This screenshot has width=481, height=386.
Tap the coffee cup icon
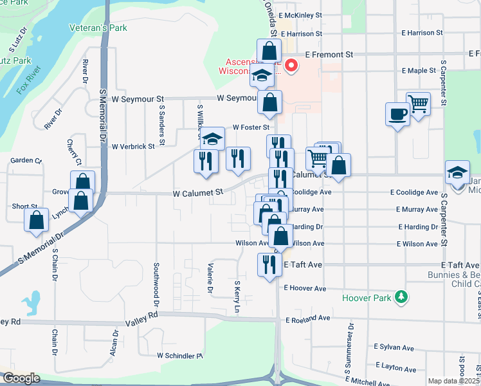click(x=397, y=114)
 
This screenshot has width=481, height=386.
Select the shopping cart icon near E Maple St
click(x=418, y=103)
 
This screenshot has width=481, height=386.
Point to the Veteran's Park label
click(x=98, y=28)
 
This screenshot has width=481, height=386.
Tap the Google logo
click(x=22, y=378)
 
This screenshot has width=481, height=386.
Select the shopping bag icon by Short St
click(x=37, y=220)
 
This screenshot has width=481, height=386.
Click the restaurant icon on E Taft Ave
click(x=269, y=264)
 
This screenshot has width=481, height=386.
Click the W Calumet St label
click(x=197, y=192)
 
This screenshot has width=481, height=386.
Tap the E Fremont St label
click(x=330, y=55)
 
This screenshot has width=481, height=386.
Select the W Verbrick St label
click(x=133, y=146)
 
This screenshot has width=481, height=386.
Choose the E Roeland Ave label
click(x=307, y=318)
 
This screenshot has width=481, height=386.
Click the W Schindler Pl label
click(x=180, y=355)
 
